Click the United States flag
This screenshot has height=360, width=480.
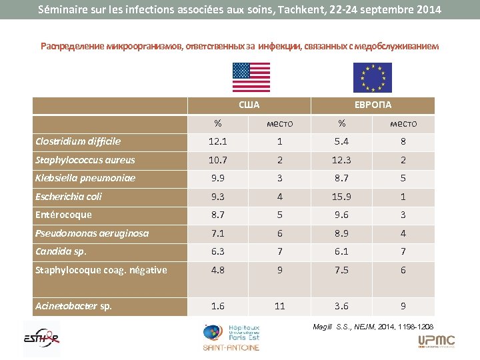pos(251,77)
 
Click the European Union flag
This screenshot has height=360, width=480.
pos(372,77)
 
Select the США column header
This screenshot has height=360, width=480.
pos(249,105)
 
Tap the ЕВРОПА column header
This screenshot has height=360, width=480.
pos(373,105)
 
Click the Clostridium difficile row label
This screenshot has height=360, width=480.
pos(78,141)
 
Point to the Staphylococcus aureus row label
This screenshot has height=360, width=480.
pos(85,160)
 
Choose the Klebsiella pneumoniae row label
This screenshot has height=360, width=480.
pos(85,178)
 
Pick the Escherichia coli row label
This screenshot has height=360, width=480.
pos(69,197)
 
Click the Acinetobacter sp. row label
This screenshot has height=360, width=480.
pos(73,306)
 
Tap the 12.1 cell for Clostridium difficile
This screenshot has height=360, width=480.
pos(218,141)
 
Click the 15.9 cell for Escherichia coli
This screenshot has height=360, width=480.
pos(341,197)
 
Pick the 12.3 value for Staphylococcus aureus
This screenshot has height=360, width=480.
pos(341,160)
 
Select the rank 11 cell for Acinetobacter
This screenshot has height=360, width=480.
pos(279,306)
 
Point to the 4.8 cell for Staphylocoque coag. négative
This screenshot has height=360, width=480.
pos(218,270)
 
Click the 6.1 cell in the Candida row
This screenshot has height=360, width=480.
pos(341,252)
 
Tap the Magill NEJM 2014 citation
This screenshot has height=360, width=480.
pos(373,327)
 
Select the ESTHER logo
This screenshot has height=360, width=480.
pos(41,336)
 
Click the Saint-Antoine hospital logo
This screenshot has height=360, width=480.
pos(232,337)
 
